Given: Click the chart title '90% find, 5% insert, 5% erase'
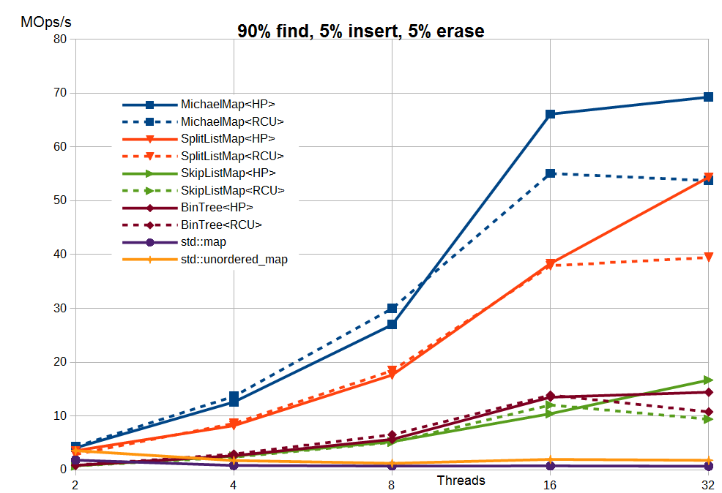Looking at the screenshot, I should point(360,31).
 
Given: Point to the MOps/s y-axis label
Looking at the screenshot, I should point(46,22).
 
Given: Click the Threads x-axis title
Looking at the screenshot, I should point(461,481).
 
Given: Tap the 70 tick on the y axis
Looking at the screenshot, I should point(59,93).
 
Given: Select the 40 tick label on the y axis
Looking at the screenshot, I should point(59,255).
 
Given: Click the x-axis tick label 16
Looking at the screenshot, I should point(550,485).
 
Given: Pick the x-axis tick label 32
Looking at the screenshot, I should point(707,485).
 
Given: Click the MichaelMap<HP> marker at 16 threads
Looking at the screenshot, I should point(550,114).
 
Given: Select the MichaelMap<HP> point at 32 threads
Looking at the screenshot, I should point(708,97).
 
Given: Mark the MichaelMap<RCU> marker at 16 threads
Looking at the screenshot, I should point(550,173).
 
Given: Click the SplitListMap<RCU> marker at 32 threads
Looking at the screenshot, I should point(708,257).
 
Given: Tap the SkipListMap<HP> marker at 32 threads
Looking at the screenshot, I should point(708,380).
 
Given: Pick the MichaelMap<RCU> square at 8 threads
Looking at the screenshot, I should point(392,309).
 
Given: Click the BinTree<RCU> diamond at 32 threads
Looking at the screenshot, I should point(708,412).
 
